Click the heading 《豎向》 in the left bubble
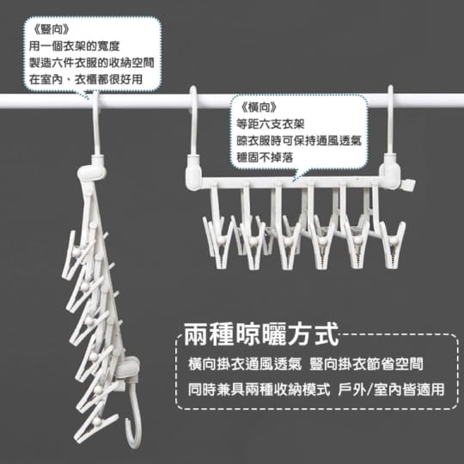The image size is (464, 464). coord(52,29)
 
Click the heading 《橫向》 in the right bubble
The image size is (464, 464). coord(259,107)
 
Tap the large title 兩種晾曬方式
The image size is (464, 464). coord(260,334)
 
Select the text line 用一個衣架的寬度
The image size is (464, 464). coord(74,46)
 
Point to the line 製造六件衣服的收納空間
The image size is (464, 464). coord(91,63)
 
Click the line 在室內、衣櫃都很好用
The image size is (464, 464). coord(86,79)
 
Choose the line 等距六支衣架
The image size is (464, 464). coord(271,124)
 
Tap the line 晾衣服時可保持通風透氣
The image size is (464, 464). coord(299,141)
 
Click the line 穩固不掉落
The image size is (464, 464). coord(265,157)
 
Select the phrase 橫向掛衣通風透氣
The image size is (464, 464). coord(245,364)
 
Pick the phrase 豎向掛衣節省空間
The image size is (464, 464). coord(366,364)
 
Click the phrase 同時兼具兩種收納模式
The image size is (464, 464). coord(259,389)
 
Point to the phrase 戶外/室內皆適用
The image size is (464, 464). coord(391,389)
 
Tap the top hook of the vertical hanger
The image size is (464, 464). coord(96,125)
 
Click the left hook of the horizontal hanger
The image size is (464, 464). coord(193,125)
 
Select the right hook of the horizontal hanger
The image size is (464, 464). coord(391,125)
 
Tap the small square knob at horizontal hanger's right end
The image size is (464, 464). coord(409,185)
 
